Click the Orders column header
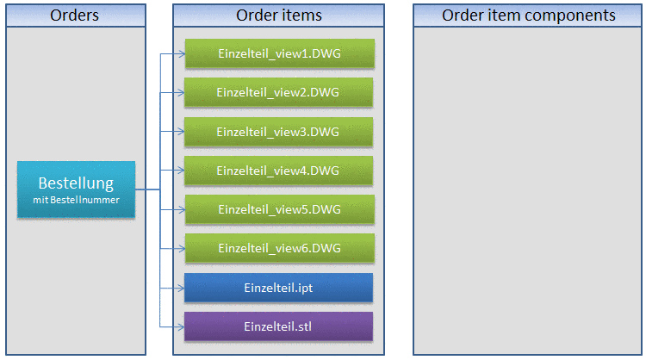click(75, 16)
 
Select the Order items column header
click(278, 16)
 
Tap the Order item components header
click(528, 16)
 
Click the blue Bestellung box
click(76, 189)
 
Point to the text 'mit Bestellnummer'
click(76, 200)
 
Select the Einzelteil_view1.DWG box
click(279, 53)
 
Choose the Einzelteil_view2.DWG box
click(279, 92)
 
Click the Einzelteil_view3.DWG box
click(279, 131)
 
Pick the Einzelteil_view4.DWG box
click(279, 171)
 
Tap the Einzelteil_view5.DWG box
click(279, 209)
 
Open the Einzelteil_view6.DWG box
click(279, 248)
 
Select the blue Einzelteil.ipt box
click(278, 288)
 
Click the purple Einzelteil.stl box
click(278, 326)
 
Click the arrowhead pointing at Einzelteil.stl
click(180, 326)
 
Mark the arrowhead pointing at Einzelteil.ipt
click(180, 288)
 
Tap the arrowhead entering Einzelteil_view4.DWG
click(180, 171)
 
